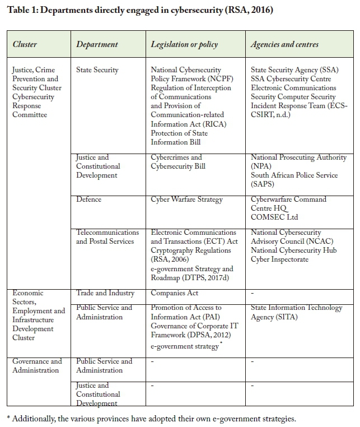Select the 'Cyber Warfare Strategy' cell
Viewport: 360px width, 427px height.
pos(187,199)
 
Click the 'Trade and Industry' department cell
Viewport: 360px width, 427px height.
pos(105,293)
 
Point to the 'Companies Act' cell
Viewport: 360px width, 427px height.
pos(174,293)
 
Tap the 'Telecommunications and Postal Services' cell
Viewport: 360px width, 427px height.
pos(107,236)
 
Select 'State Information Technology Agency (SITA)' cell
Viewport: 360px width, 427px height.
pos(296,312)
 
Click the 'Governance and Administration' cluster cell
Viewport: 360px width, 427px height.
pos(38,365)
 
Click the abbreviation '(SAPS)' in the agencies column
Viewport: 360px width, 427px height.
pos(265,184)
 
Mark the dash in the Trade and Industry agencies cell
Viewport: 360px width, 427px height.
pos(253,293)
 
